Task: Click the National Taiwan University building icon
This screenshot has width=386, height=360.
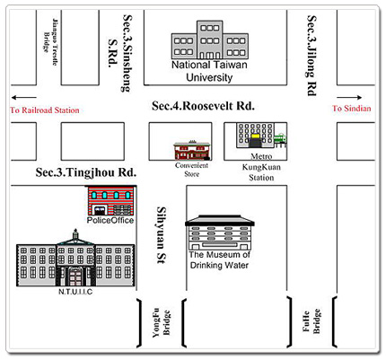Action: coord(210,42)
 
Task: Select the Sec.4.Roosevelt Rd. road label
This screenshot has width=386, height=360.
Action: coord(203,106)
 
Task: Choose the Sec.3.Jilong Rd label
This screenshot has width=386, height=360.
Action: coord(311,55)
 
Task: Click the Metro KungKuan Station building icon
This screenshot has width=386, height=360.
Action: coord(255,136)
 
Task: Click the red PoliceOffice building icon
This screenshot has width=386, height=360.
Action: coord(110,199)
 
